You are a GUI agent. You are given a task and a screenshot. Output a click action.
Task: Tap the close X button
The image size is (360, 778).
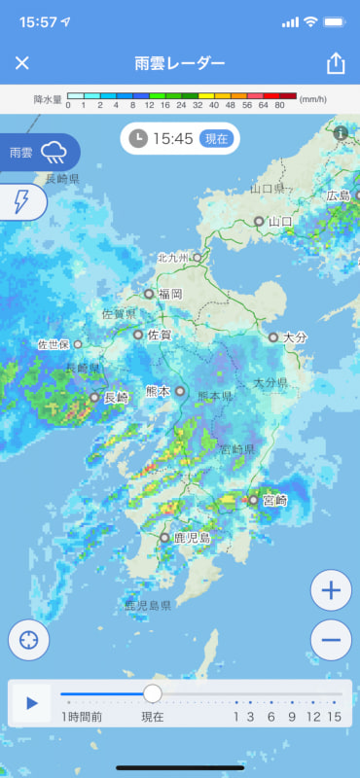coord(22,63)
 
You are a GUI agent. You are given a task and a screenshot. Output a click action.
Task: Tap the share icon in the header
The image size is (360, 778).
coord(336,63)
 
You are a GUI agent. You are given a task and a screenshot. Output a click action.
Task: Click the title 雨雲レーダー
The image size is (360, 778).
coord(180,63)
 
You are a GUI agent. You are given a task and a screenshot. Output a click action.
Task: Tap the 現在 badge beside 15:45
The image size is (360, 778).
coord(215,138)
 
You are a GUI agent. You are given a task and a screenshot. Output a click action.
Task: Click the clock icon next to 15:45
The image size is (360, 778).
coord(139,138)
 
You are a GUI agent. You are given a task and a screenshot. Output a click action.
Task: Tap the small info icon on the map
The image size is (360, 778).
coord(341,133)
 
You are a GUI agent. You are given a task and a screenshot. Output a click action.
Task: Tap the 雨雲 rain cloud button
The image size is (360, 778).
coord(39,152)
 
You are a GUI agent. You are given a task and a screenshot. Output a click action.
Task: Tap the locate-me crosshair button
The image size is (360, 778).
coord(29,640)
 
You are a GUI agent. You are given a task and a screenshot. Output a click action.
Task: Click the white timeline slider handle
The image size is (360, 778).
coord(153,693)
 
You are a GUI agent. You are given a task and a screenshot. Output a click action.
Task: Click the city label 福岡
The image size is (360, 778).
coord(170,293)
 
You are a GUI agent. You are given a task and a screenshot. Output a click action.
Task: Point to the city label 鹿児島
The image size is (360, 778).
coord(191,537)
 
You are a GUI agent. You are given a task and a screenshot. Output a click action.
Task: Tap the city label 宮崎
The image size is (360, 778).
coord(274,500)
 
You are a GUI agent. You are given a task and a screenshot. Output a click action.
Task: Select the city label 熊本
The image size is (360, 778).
coord(158,391)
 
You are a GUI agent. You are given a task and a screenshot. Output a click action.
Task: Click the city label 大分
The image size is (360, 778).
coord(295,336)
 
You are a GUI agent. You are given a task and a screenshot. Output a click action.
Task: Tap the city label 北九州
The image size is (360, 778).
coord(175,258)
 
